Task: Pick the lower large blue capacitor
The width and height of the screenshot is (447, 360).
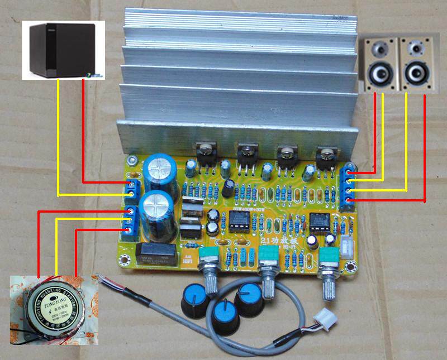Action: pyautogui.click(x=158, y=211)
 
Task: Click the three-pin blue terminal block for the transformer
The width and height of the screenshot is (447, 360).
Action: pyautogui.click(x=132, y=220)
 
